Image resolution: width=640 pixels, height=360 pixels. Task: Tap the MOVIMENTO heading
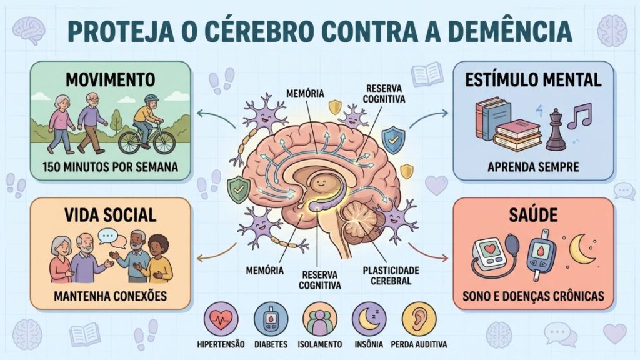click(110, 79)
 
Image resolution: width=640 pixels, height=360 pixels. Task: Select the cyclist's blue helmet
click(151, 99)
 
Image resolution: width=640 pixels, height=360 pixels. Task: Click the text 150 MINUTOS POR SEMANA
click(110, 167)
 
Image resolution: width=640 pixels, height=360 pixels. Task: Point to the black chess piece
click(556, 129)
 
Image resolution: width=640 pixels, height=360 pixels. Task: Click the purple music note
click(579, 116)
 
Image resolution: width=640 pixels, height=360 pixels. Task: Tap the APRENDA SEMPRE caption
click(533, 167)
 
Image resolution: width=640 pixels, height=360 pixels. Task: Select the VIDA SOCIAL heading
click(110, 216)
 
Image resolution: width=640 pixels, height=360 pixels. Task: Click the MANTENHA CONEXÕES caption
click(110, 296)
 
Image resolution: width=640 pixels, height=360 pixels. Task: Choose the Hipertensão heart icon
click(221, 318)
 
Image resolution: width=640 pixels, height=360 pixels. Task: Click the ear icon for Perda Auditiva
click(419, 318)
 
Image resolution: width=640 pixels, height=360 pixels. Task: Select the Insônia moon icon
click(369, 318)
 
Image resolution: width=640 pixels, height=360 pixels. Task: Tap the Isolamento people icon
click(320, 318)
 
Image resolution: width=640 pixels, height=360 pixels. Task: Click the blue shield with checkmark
click(394, 140)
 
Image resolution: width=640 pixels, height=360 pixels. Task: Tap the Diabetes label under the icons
click(271, 344)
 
